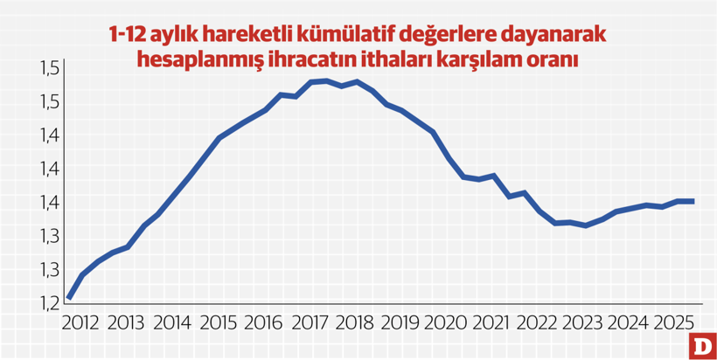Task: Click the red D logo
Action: tap(702, 345)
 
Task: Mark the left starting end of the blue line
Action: tap(68, 298)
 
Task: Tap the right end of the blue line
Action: tap(693, 201)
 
